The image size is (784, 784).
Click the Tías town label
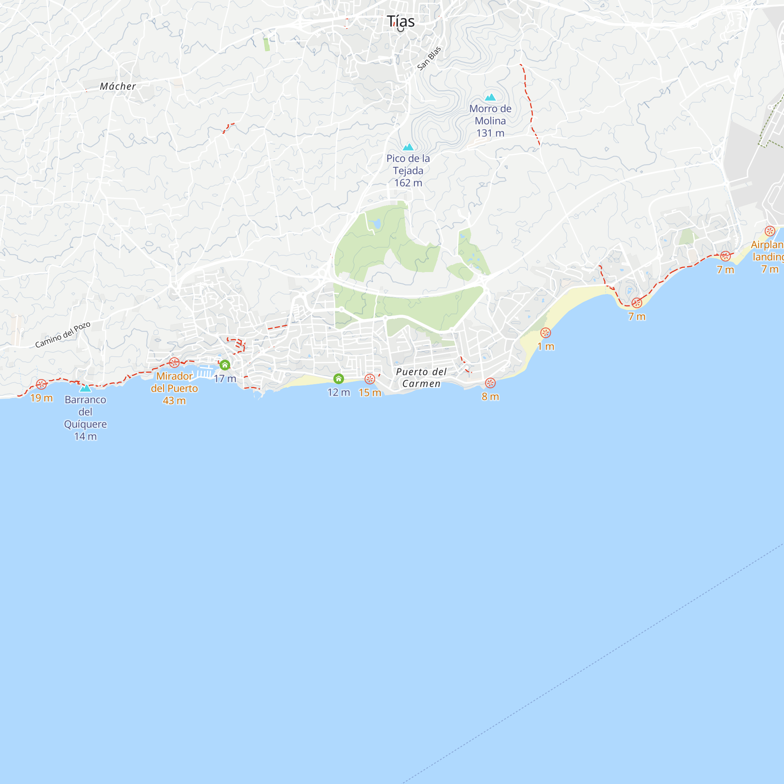click(401, 21)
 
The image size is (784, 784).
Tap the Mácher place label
click(118, 86)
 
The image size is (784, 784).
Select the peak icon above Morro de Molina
click(490, 97)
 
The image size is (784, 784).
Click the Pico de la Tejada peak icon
click(408, 147)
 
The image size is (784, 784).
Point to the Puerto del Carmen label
click(421, 377)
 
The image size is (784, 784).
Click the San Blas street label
click(429, 58)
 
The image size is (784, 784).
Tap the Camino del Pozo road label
click(62, 335)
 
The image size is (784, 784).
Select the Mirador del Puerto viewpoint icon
click(174, 363)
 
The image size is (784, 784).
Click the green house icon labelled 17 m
click(225, 365)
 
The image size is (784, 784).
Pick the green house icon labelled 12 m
click(338, 379)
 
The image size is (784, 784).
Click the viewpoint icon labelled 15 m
click(370, 379)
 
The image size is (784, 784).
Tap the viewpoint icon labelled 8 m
click(490, 383)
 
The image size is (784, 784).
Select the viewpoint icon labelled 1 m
click(545, 333)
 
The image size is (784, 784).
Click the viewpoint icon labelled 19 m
click(41, 384)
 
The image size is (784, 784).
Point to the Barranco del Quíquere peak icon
click(85, 388)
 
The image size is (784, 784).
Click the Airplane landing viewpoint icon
click(770, 231)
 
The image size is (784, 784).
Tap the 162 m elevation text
click(408, 183)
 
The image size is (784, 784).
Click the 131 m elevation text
click(490, 133)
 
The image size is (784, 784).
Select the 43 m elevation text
click(174, 401)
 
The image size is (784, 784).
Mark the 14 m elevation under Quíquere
click(85, 436)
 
